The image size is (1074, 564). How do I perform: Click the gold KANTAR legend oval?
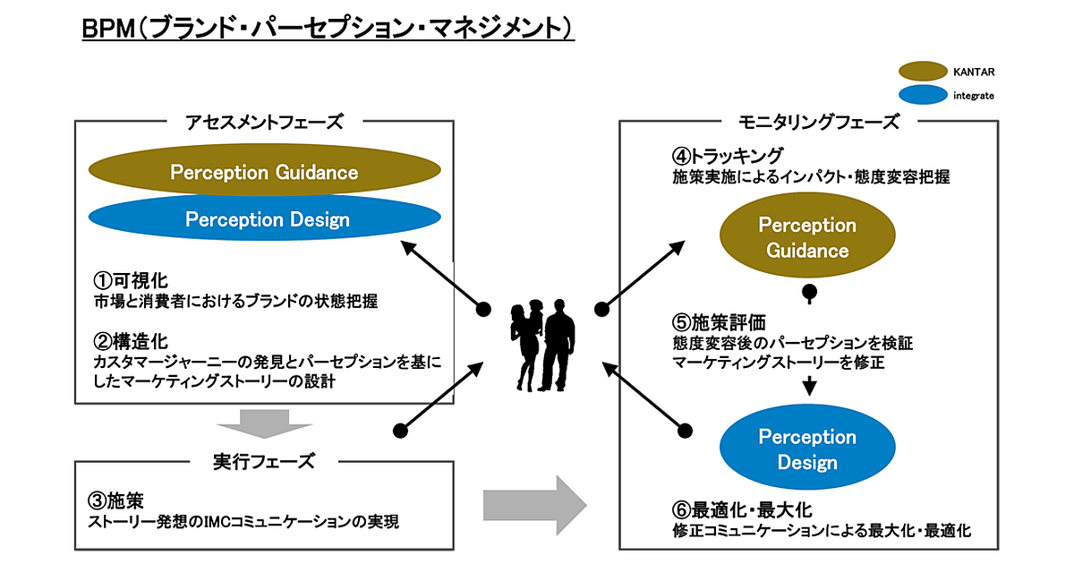(x=923, y=70)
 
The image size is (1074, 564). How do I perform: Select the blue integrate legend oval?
(x=923, y=93)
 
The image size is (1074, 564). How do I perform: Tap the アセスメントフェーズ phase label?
(x=264, y=123)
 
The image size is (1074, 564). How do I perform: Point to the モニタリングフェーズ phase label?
(x=808, y=123)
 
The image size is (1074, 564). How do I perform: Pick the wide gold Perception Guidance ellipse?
(x=264, y=172)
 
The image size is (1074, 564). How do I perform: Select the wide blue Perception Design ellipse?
(x=267, y=219)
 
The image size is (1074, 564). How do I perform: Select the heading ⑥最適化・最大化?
(x=742, y=510)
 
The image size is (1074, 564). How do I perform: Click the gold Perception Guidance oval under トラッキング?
(x=807, y=237)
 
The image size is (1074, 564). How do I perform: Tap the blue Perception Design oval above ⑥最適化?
(x=807, y=449)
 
